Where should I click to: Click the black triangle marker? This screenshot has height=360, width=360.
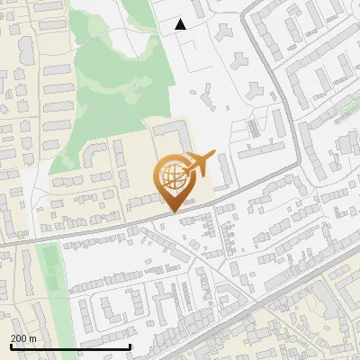[180, 24]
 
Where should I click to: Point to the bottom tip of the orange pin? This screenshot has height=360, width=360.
[171, 211]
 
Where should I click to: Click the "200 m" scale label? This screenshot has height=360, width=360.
[23, 338]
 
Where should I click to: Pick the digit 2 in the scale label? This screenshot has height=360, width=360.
[13, 338]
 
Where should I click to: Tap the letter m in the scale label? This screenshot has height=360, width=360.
[33, 338]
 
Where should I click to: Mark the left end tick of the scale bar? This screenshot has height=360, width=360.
[10, 346]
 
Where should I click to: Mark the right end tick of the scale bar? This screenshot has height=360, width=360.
[131, 346]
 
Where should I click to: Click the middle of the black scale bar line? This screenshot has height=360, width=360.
[70, 347]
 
